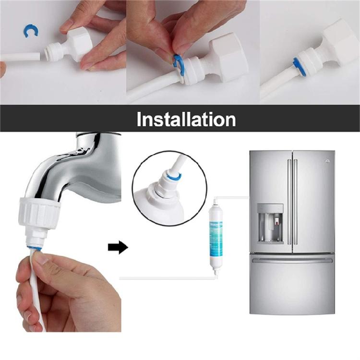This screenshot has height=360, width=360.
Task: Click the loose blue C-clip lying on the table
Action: click(x=29, y=32)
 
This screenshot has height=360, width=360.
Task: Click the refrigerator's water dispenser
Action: click(x=270, y=222)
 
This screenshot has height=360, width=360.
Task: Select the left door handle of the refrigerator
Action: click(x=289, y=202)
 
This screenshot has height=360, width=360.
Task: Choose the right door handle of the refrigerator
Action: click(x=296, y=202)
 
